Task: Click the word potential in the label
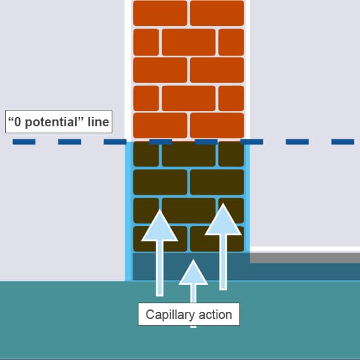coord(52,122)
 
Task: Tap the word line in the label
coord(99,122)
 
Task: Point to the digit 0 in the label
coord(18,122)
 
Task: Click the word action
coord(215,315)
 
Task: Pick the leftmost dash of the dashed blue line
coord(24,141)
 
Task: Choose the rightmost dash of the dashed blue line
coord(342,141)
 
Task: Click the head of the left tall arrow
coord(160,226)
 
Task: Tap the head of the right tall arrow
coord(223,220)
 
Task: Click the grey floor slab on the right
coord(305,258)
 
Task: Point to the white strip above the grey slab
coord(305,249)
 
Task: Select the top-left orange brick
coord(160,13)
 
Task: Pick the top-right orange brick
coord(217,13)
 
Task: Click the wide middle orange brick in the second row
coord(188,42)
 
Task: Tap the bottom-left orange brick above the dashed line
coord(160,125)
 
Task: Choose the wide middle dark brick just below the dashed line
coord(188,154)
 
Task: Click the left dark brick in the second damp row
coord(160,182)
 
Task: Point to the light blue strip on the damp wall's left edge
coord(129,211)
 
